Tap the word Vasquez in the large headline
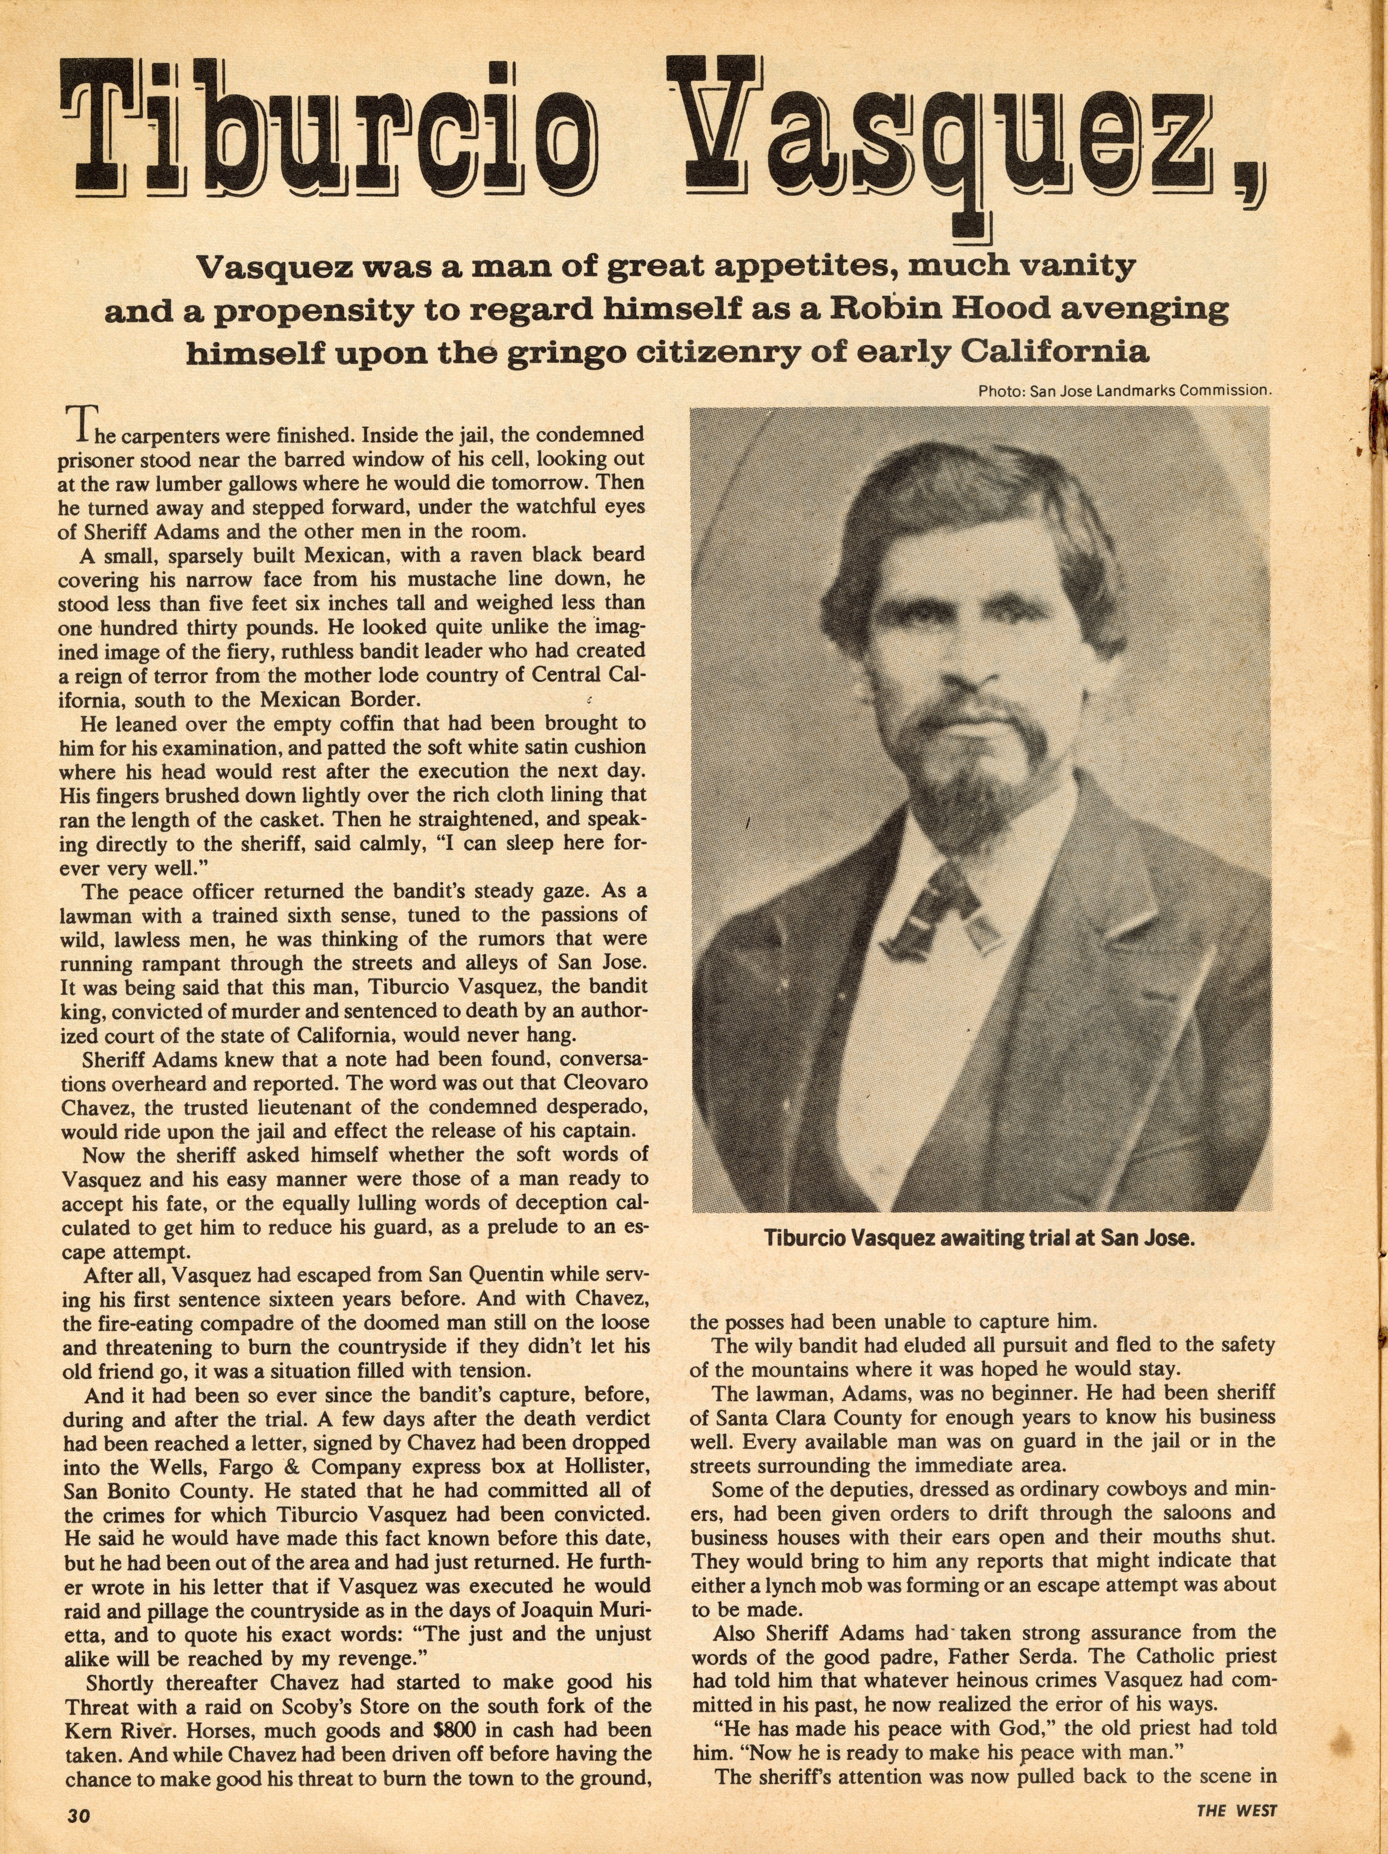939,134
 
